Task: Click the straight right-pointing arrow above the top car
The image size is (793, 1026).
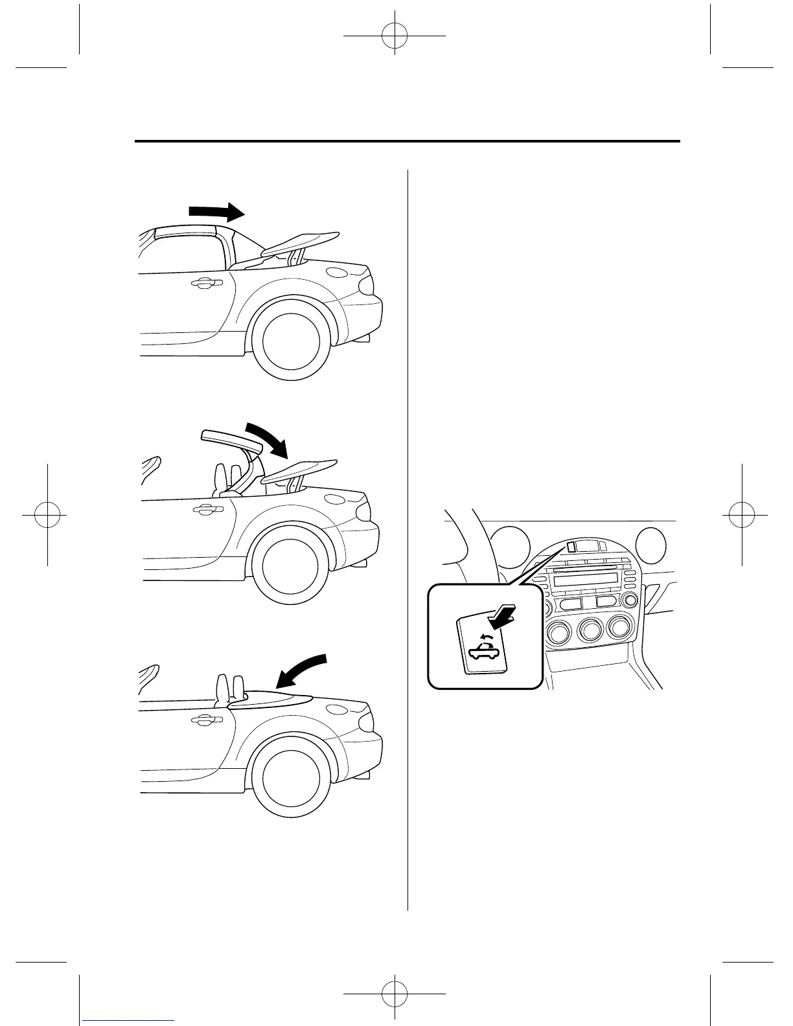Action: (x=216, y=211)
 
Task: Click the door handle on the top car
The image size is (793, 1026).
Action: (x=207, y=282)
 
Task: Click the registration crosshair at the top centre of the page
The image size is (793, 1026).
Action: (x=395, y=36)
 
